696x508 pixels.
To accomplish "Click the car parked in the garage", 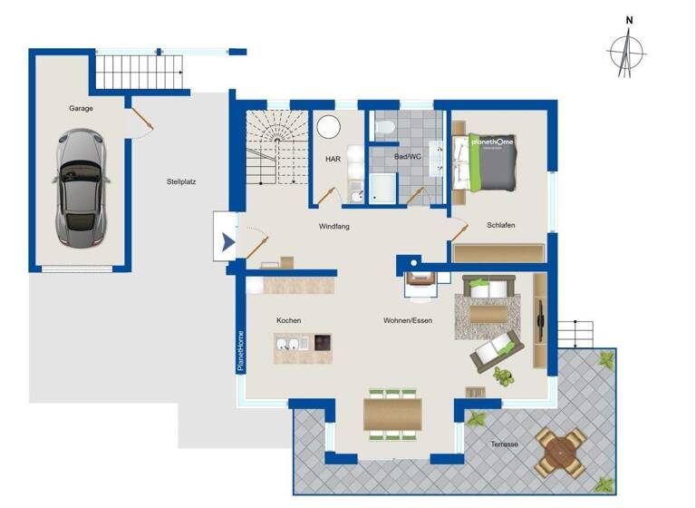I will click(81, 188).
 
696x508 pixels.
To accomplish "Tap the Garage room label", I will click(81, 108).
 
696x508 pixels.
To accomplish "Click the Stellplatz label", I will click(181, 181).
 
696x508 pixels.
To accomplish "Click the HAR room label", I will click(333, 159).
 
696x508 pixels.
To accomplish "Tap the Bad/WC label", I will click(408, 157).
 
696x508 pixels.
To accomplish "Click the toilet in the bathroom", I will click(384, 130).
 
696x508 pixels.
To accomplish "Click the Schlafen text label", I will click(501, 225).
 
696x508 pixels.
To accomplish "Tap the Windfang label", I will click(333, 226).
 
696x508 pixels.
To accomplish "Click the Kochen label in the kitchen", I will click(289, 320).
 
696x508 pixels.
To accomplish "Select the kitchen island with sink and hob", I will click(303, 346).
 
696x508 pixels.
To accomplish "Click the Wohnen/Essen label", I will click(408, 320).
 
